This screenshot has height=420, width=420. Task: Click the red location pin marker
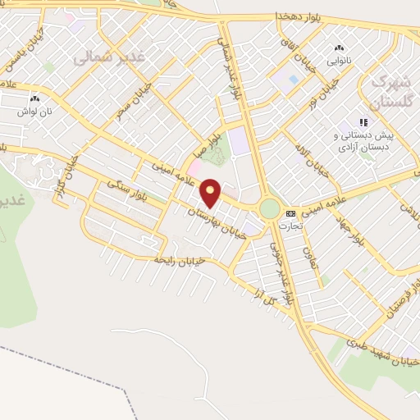click(x=211, y=192)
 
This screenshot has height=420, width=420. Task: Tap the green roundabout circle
click(x=269, y=209)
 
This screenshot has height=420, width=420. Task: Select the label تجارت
click(x=288, y=225)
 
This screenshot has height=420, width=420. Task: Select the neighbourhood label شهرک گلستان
click(x=389, y=92)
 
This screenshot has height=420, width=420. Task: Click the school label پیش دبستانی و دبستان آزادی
click(x=364, y=141)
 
